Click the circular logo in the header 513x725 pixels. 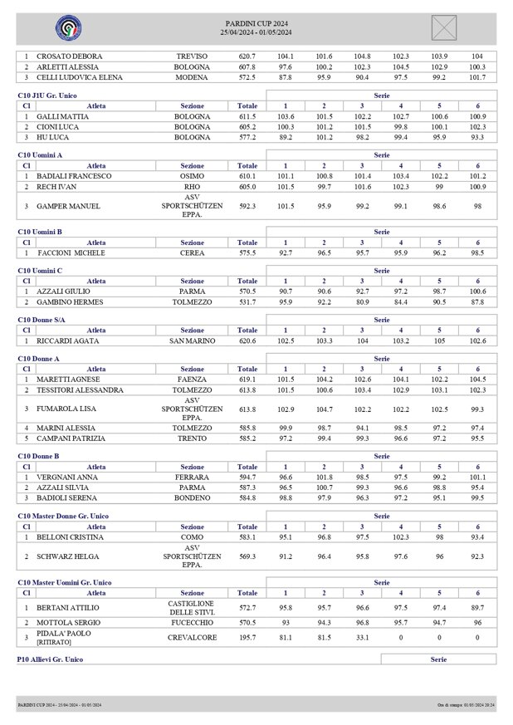(68, 27)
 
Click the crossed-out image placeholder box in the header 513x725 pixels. (444, 27)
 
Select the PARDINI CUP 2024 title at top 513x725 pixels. (256, 22)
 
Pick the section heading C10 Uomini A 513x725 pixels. (40, 154)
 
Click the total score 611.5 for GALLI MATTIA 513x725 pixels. (247, 117)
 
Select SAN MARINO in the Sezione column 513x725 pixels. (192, 340)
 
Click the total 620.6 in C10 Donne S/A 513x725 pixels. (247, 340)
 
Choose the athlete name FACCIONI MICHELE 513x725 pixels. (69, 252)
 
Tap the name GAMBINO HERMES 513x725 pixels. (69, 302)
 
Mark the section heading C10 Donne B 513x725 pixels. (40, 456)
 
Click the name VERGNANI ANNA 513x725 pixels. (67, 478)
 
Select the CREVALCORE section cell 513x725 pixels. (192, 637)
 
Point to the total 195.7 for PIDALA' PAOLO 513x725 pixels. (247, 637)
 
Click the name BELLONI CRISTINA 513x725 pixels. (70, 537)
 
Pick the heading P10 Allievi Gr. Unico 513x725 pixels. (50, 659)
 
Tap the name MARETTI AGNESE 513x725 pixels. (69, 379)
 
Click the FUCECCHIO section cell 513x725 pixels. (192, 621)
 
